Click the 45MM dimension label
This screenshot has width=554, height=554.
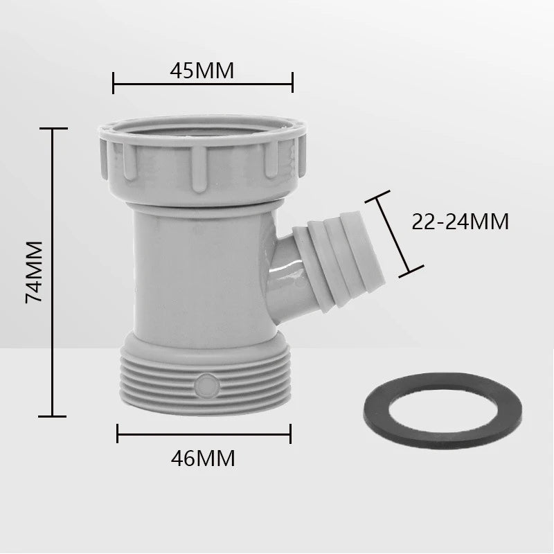tap(202, 70)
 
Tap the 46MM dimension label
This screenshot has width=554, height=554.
tap(203, 458)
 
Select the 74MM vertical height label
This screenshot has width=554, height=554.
tap(34, 271)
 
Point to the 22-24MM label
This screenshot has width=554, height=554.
tap(460, 222)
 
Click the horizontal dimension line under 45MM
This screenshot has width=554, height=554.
tap(202, 87)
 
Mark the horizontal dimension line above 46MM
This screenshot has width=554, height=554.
tap(203, 434)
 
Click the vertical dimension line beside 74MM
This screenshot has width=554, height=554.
tap(53, 271)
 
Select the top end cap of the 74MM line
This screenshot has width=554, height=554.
tap(53, 129)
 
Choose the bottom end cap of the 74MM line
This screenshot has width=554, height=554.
tap(53, 415)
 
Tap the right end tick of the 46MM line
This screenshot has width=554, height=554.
tap(290, 434)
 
